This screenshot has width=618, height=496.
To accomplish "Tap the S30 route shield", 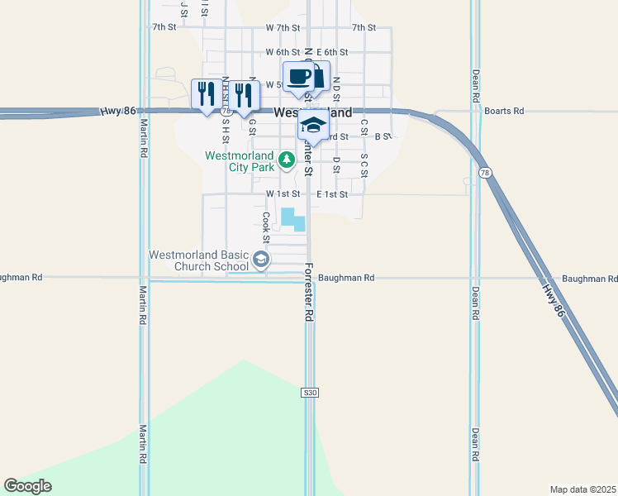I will pyautogui.click(x=309, y=393).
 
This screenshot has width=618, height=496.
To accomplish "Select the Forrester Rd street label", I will pyautogui.click(x=309, y=292).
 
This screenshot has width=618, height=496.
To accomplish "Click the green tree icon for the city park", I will pyautogui.click(x=286, y=160).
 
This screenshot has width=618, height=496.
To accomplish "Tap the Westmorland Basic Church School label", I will pyautogui.click(x=199, y=260).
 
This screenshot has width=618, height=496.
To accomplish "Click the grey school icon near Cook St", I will pyautogui.click(x=261, y=260).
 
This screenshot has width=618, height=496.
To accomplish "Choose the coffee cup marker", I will pyautogui.click(x=299, y=77).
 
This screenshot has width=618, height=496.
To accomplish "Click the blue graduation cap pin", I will pyautogui.click(x=313, y=125).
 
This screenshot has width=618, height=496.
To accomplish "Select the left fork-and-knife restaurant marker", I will pyautogui.click(x=206, y=93).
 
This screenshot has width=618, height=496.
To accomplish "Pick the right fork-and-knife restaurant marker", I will pyautogui.click(x=242, y=95).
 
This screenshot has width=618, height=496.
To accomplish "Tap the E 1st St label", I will pyautogui.click(x=332, y=194).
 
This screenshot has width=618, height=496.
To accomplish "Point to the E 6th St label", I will pyautogui.click(x=333, y=52).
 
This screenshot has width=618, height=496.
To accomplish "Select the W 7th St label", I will pyautogui.click(x=283, y=27).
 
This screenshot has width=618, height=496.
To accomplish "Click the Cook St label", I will pyautogui.click(x=267, y=222).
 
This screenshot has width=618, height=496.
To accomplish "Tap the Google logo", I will pyautogui.click(x=28, y=486).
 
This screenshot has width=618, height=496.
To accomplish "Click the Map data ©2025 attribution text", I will pyautogui.click(x=582, y=489).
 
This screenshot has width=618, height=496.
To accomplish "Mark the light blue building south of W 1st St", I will pyautogui.click(x=293, y=219).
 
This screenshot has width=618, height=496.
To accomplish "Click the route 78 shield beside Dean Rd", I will pyautogui.click(x=484, y=171).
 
